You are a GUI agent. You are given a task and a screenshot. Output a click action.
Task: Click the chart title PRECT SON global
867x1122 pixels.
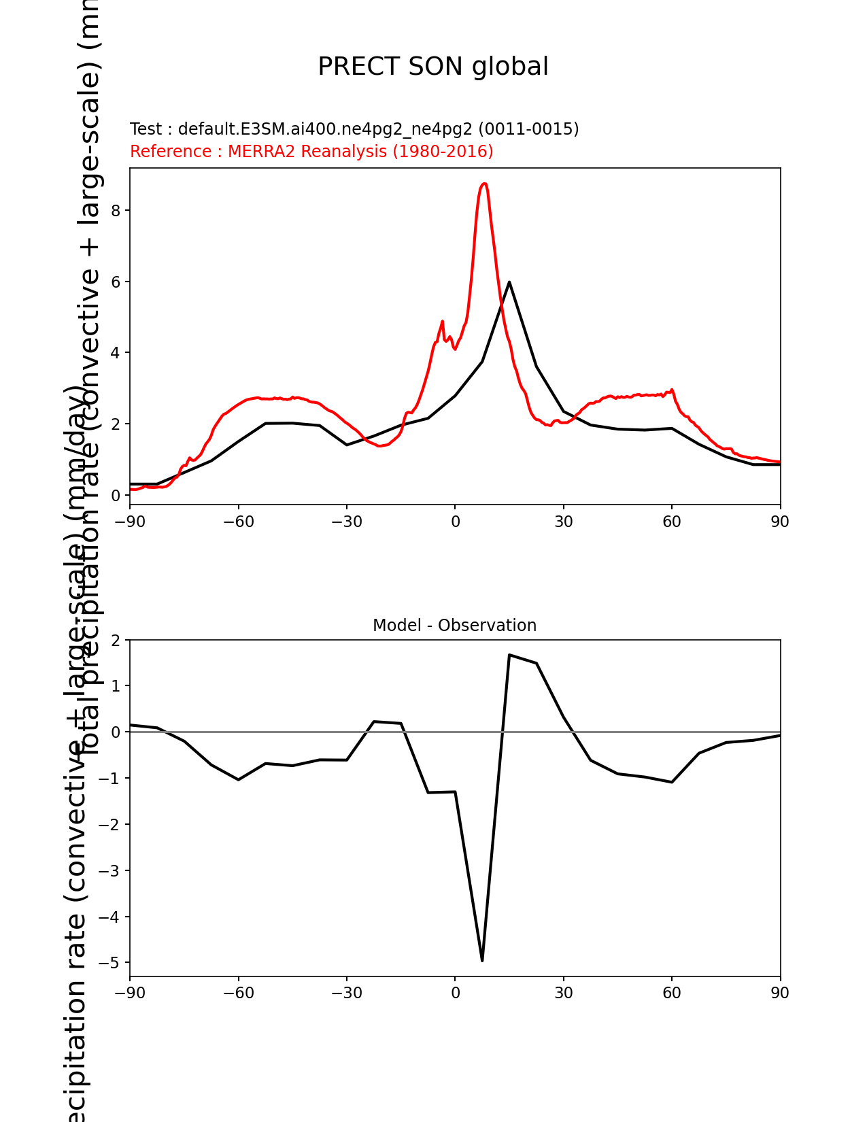tap(433, 67)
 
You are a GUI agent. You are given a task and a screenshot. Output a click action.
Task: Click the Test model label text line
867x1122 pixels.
tap(354, 129)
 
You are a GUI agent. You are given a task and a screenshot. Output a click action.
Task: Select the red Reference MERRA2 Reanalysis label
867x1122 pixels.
tap(311, 152)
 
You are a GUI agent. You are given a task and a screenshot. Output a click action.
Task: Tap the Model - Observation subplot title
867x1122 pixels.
tap(454, 626)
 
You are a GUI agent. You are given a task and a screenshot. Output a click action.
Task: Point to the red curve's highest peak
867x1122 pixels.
tap(484, 184)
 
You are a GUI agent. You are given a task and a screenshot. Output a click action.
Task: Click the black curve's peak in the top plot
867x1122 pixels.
tap(509, 282)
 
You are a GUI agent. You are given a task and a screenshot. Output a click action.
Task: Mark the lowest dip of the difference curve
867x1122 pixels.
tap(482, 960)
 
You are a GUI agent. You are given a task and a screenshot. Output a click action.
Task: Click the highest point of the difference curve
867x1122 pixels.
tap(509, 655)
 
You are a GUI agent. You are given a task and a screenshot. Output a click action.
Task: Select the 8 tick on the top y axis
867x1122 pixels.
tap(116, 211)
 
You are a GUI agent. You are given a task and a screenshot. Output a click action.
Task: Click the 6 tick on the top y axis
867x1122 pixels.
tap(116, 282)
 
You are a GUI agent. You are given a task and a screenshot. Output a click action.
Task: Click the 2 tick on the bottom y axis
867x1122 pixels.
tap(116, 641)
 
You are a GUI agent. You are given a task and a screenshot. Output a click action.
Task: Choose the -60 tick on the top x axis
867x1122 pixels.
tap(238, 522)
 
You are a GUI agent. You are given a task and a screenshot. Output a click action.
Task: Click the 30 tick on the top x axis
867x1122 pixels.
tap(563, 522)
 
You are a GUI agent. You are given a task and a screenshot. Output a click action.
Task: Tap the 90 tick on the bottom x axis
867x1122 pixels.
tap(780, 993)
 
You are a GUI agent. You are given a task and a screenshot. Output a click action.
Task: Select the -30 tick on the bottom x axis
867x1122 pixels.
tap(346, 993)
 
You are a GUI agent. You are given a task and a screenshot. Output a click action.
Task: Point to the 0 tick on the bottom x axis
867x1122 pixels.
tap(455, 993)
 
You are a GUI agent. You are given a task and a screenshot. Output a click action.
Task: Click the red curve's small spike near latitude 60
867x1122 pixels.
tap(672, 390)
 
